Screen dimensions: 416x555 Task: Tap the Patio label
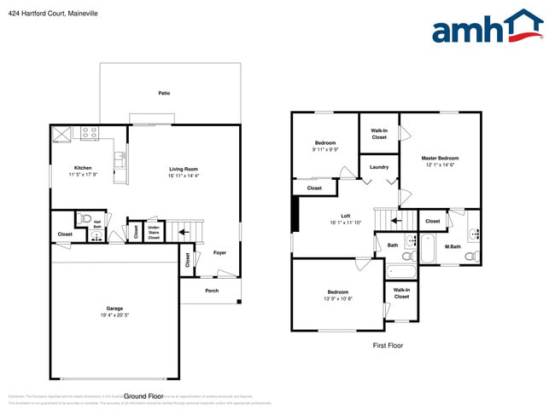click(163, 93)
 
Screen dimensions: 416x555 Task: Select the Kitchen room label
click(83, 168)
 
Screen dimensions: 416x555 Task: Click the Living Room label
click(183, 169)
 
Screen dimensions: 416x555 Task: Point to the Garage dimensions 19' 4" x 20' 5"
click(114, 315)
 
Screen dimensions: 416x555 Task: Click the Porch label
click(211, 290)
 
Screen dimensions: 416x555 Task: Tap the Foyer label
click(219, 252)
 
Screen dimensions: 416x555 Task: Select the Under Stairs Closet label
click(154, 233)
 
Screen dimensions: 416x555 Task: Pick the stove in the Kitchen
click(89, 133)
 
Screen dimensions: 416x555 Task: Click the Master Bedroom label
click(441, 159)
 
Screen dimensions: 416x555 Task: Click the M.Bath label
click(453, 246)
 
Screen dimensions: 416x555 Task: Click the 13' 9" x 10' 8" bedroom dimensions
click(337, 298)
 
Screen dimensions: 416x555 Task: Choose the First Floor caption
click(388, 345)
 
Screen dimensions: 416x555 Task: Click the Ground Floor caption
click(143, 396)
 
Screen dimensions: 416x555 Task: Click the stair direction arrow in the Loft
click(395, 221)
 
